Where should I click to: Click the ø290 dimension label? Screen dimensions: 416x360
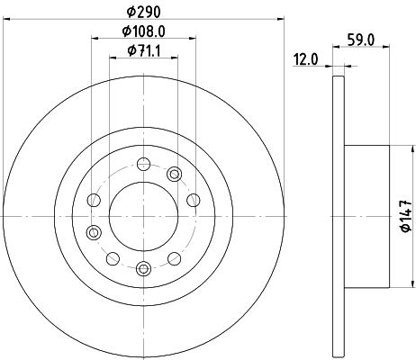point(144,12)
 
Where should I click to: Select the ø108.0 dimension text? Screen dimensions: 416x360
point(144,31)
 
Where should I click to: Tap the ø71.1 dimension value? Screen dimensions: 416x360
point(144,50)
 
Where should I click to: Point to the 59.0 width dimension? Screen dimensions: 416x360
point(361,40)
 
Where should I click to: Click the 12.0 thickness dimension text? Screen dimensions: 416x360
point(305,59)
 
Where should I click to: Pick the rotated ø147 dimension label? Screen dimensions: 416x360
point(406,216)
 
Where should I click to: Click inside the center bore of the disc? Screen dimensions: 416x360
point(143,216)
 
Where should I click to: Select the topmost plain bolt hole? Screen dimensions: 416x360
point(143,164)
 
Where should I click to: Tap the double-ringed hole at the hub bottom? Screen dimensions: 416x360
point(143,268)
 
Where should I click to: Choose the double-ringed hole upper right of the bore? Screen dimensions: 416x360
point(174,175)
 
